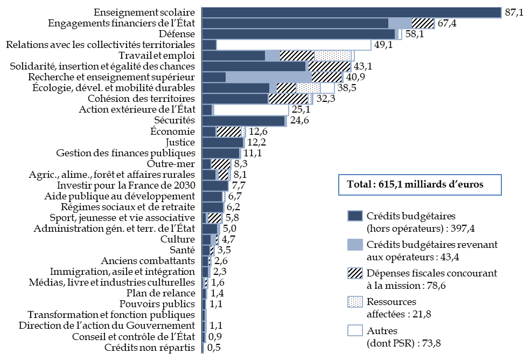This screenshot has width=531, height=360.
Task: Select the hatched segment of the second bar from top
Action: [x=423, y=23]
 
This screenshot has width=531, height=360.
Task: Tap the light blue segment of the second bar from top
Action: [x=400, y=23]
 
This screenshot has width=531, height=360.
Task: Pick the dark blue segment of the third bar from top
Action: [x=298, y=34]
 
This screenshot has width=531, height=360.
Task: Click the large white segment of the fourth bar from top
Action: [x=294, y=45]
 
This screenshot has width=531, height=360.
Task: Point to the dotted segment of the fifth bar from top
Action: [x=333, y=56]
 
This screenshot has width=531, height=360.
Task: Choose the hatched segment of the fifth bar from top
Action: [x=297, y=56]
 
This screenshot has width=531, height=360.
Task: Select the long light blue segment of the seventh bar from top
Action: [x=268, y=77]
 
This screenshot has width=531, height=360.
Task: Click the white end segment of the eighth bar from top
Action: [x=327, y=88]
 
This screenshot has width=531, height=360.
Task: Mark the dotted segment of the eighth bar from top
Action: [x=308, y=88]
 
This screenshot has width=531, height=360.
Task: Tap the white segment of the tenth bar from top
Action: [x=251, y=110]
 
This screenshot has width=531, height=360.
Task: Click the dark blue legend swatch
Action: [x=355, y=216]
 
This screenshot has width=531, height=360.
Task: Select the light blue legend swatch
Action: [x=355, y=245]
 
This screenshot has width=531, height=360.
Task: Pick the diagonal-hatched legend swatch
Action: [x=355, y=273]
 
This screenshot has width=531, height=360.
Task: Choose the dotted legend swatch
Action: [x=355, y=302]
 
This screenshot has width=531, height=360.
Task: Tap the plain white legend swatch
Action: [x=355, y=330]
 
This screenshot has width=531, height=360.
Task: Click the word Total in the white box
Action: [x=358, y=184]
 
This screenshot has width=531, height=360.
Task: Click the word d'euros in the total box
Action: [x=466, y=184]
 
